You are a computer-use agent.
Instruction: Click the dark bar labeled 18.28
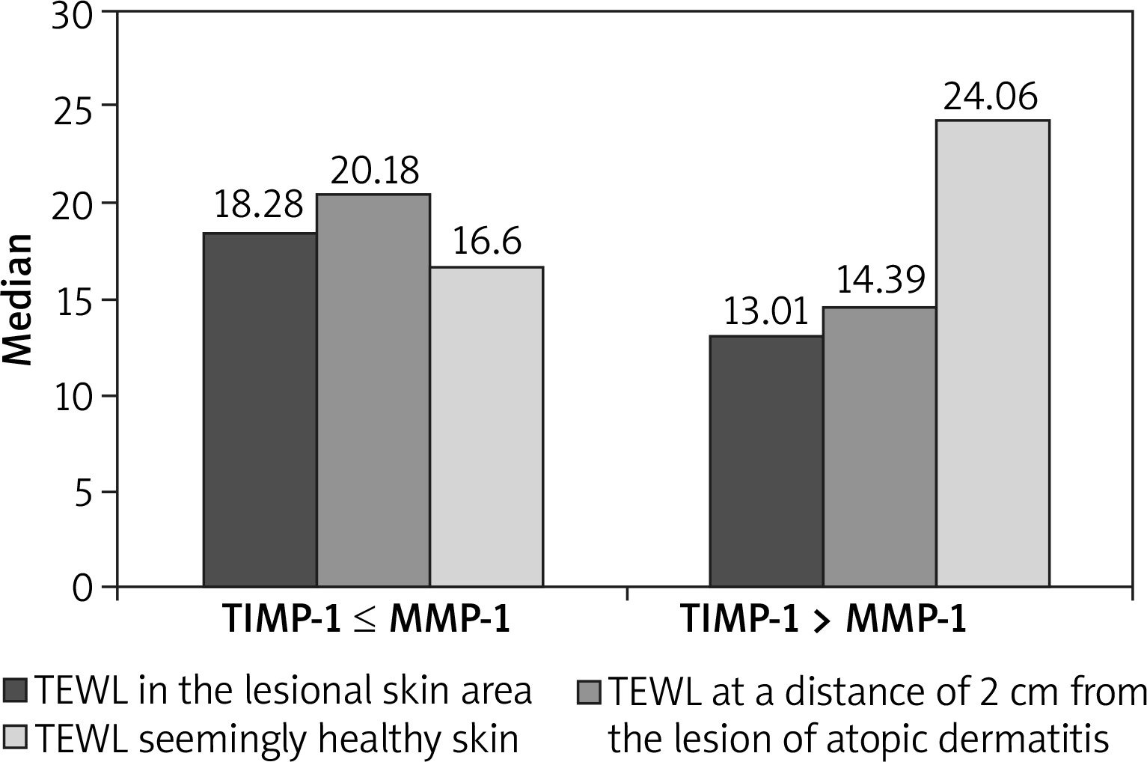(260, 409)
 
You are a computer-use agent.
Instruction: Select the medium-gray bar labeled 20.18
(373, 390)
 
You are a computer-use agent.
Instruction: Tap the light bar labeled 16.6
(486, 427)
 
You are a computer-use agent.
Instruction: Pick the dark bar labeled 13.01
(766, 461)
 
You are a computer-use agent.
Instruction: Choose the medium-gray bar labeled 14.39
(879, 447)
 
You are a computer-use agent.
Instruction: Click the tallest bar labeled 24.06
(992, 353)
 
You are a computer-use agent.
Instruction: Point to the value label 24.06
(991, 97)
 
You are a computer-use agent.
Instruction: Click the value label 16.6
(487, 243)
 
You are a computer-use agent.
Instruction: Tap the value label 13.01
(767, 312)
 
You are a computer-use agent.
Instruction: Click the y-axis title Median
(18, 299)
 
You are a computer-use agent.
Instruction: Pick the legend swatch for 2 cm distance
(589, 691)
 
